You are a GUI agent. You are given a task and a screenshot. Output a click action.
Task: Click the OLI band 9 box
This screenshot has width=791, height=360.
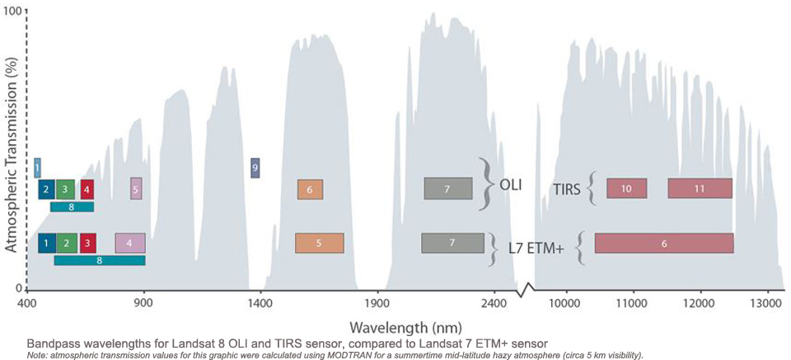click(255, 167)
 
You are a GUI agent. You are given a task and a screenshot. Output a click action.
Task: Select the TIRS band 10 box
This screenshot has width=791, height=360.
click(626, 189)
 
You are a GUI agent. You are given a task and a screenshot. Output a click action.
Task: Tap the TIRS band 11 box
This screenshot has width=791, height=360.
click(700, 189)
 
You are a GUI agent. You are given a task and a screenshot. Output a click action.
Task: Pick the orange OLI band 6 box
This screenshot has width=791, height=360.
click(310, 189)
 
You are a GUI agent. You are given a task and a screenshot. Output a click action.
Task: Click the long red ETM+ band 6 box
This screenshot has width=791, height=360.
click(664, 243)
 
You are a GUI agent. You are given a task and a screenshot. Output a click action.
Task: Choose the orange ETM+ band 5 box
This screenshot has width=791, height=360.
click(319, 243)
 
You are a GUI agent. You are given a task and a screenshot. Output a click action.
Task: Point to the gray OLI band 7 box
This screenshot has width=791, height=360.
click(447, 189)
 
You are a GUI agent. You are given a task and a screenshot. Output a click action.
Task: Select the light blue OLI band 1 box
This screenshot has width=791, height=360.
click(37, 168)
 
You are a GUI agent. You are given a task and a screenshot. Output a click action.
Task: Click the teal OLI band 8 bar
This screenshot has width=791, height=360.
click(72, 207)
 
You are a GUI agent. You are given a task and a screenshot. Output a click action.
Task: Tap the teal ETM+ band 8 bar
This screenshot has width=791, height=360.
click(100, 260)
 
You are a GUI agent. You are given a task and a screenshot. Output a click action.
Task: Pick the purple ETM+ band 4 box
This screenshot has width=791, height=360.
click(129, 243)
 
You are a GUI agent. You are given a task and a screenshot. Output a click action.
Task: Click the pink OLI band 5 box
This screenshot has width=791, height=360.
click(136, 189)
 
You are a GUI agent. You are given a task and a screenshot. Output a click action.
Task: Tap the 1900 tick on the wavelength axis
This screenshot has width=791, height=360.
click(377, 303)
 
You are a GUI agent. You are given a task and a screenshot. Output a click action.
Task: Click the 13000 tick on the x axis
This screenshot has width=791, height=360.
click(767, 303)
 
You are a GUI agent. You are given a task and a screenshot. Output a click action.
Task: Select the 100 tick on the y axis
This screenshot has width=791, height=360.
click(16, 12)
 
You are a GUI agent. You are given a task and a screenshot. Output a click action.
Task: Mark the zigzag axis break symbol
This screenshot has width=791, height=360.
click(525, 289)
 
